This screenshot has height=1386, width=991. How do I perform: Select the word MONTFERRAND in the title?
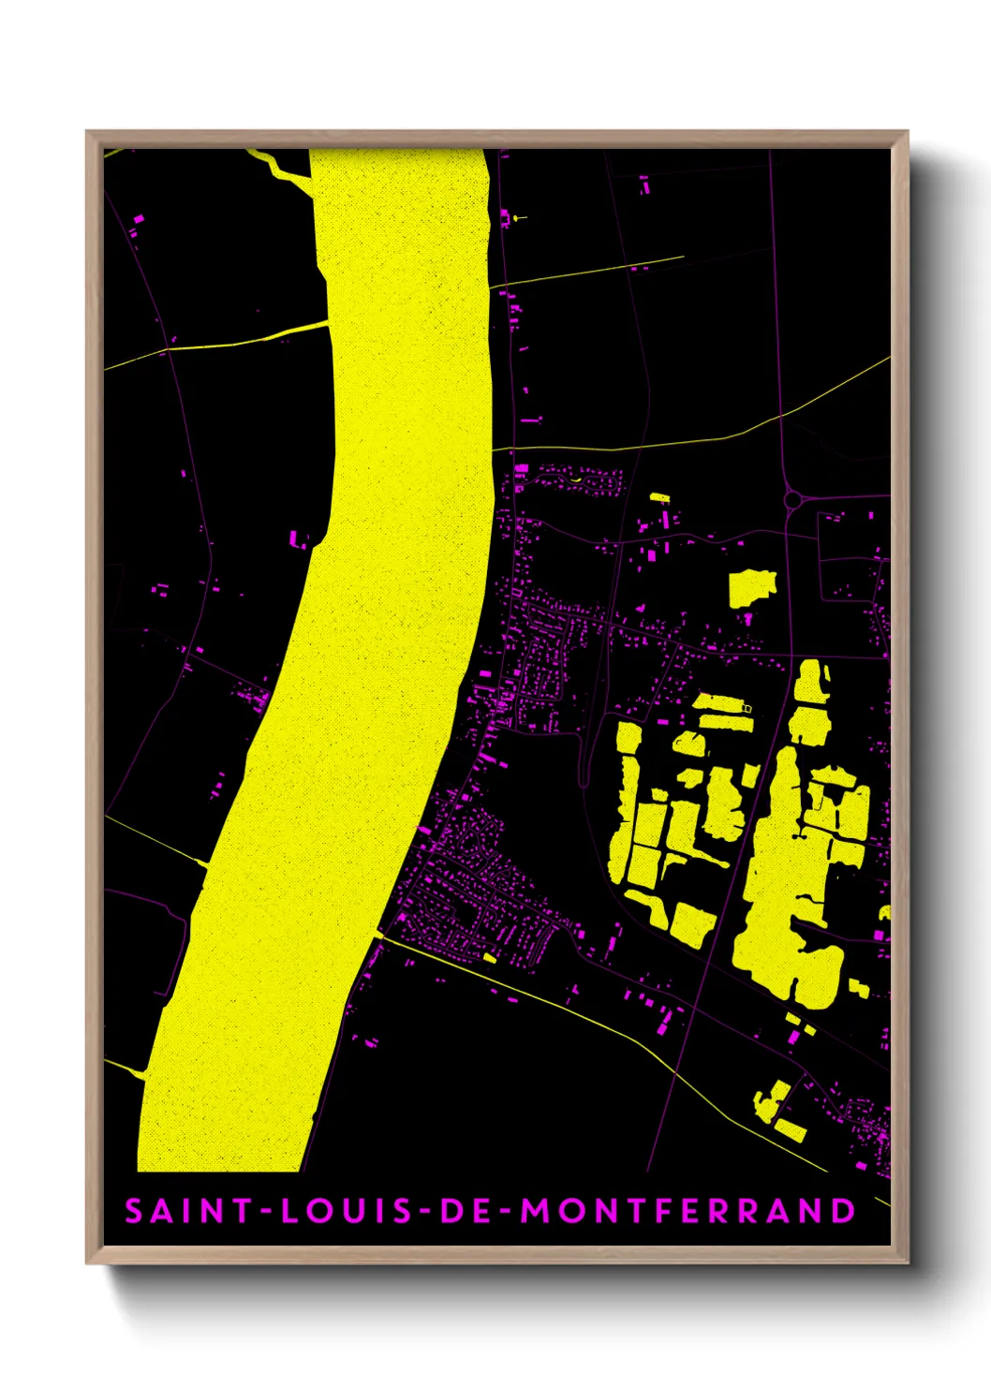688,1211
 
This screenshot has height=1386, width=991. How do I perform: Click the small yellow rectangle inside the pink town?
489,958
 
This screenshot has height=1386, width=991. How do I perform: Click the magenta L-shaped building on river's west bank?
299,539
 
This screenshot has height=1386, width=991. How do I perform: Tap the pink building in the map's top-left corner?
139,220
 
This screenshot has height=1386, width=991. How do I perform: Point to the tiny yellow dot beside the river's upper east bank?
514,218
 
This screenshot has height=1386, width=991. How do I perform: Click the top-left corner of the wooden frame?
88,133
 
